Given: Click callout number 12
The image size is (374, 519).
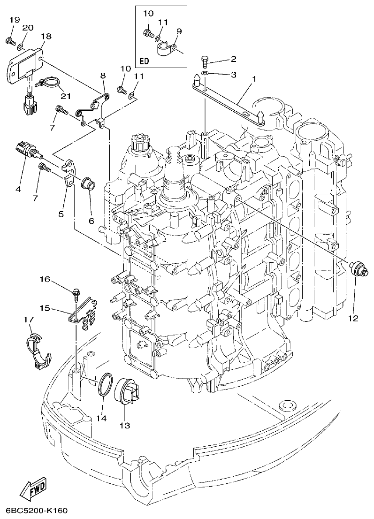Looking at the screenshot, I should click(x=353, y=319).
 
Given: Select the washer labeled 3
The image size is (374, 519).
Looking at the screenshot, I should click(x=206, y=74).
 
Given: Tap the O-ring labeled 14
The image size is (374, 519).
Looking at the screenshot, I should click(x=105, y=384).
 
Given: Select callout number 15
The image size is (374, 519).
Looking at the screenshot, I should click(x=45, y=308).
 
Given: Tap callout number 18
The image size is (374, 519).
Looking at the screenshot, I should click(x=46, y=36).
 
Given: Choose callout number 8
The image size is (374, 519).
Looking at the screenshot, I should click(x=103, y=75).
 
